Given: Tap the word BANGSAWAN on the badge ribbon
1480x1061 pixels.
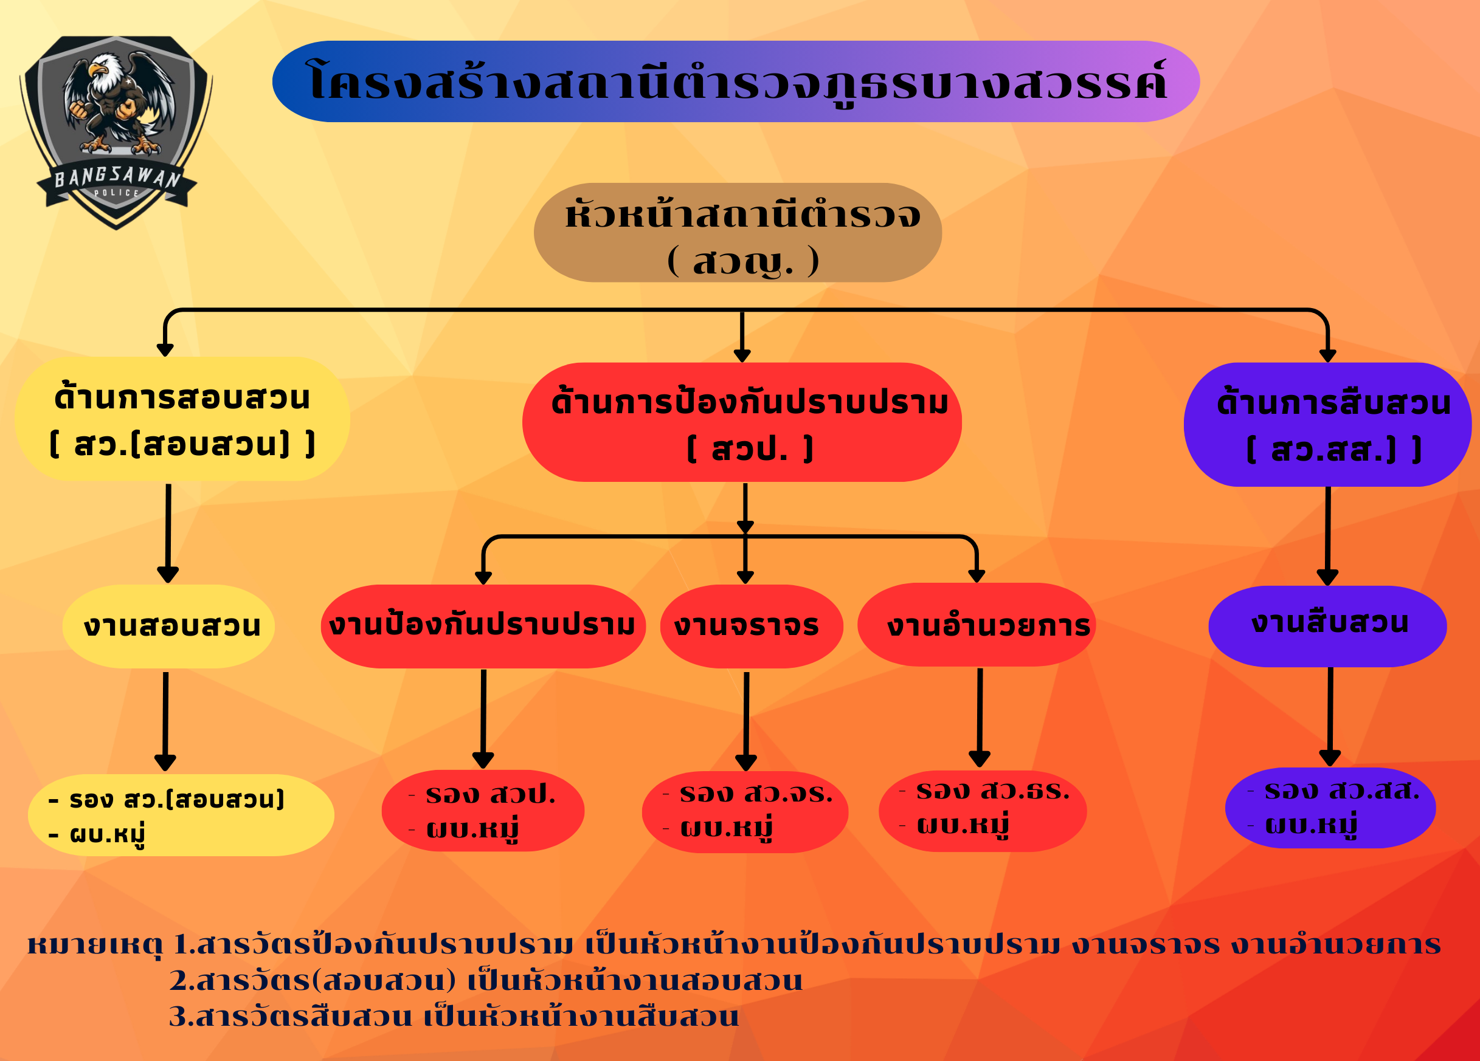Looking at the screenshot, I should [117, 177].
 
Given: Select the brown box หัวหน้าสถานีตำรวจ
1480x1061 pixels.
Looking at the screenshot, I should [738, 232].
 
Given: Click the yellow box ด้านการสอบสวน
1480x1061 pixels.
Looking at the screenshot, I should [182, 419].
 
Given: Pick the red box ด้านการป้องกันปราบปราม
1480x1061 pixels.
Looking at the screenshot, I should [742, 422].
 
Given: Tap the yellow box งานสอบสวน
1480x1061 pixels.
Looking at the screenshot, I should [169, 626].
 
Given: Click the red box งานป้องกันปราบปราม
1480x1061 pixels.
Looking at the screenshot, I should [483, 626].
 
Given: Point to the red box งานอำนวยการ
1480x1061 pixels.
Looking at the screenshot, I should [977, 625].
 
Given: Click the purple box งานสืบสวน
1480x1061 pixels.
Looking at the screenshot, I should [1328, 625].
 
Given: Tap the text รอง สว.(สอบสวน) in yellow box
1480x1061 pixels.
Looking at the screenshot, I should [177, 800].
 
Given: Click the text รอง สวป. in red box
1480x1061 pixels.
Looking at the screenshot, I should [490, 794].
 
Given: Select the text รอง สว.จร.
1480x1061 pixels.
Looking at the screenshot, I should [756, 794].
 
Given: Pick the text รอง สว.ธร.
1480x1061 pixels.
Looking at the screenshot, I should [992, 791].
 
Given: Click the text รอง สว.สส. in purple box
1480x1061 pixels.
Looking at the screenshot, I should [1341, 791].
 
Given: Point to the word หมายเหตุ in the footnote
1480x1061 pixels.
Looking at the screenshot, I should [95, 944].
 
